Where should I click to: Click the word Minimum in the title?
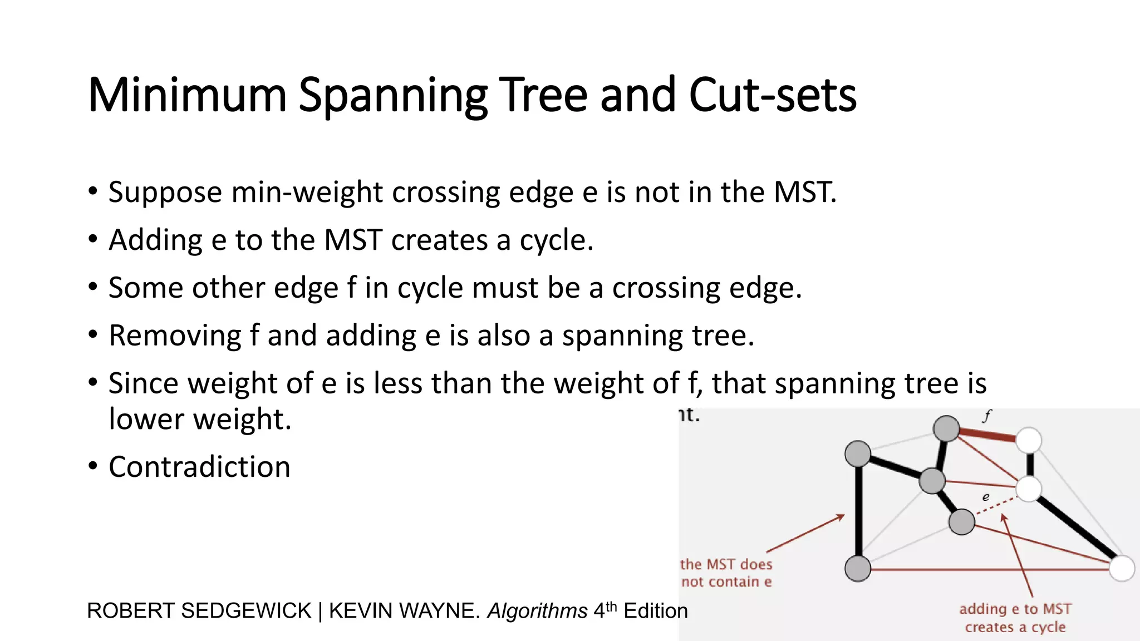pos(187,95)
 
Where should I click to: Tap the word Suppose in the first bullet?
pos(165,193)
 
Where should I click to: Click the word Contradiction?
pos(199,467)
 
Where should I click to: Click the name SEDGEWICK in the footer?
pos(246,611)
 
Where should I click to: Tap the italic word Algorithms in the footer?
pos(537,611)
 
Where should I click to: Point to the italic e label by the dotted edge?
pos(986,497)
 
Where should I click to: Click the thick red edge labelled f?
pos(987,435)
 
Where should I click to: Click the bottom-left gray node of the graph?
pos(858,569)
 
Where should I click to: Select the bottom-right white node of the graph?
pos(1122,569)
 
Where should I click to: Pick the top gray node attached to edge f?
pos(946,428)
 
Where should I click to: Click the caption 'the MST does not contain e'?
pos(726,573)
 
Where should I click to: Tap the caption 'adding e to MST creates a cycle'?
pos(1015,618)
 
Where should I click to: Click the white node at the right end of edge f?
pos(1029,440)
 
